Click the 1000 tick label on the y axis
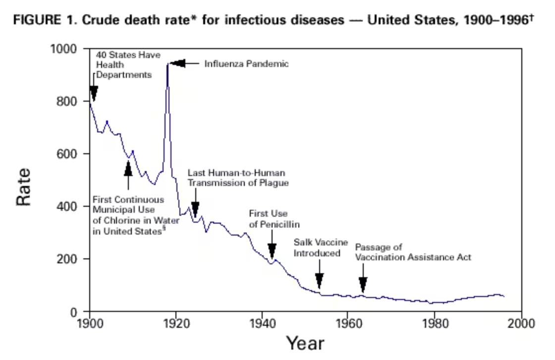(66, 49)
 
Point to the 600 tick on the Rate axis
(70, 154)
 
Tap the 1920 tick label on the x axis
(175, 324)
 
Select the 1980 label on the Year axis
(435, 324)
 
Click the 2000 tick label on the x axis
(521, 324)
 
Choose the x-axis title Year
(305, 343)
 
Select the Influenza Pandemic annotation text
(246, 64)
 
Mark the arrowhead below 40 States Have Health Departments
(94, 93)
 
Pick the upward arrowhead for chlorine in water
(128, 168)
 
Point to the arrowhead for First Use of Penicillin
(272, 250)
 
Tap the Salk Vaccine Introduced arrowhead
(319, 280)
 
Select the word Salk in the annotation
(302, 242)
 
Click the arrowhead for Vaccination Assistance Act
(363, 285)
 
